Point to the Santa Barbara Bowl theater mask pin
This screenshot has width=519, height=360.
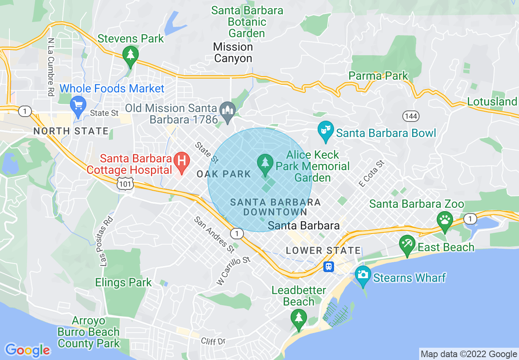click(325, 131)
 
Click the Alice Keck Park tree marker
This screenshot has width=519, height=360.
click(265, 162)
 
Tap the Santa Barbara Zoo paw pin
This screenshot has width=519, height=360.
click(445, 218)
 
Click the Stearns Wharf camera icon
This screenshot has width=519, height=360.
click(362, 274)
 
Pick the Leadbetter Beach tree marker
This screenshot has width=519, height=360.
click(299, 317)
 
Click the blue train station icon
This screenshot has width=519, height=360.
click(329, 267)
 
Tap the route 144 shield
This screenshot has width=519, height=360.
click(411, 117)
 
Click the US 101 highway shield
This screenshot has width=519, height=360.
click(124, 184)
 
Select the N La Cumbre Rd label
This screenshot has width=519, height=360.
click(51, 67)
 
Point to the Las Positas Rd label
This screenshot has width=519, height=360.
click(106, 241)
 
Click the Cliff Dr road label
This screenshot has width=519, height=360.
click(214, 340)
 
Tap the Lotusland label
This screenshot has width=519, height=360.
click(492, 101)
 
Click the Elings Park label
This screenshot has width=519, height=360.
click(123, 282)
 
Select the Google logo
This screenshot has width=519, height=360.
click(28, 350)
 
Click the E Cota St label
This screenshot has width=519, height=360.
click(372, 174)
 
